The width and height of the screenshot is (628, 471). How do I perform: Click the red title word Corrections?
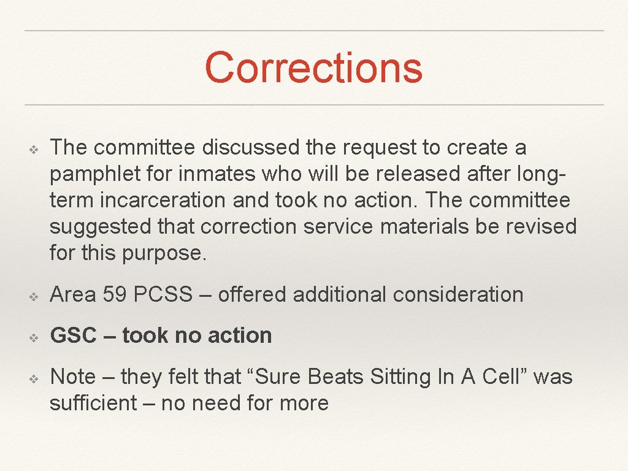pyautogui.click(x=313, y=68)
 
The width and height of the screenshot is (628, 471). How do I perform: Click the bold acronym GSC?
pyautogui.click(x=74, y=335)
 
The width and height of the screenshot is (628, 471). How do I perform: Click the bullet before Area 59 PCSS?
pyautogui.click(x=34, y=296)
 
